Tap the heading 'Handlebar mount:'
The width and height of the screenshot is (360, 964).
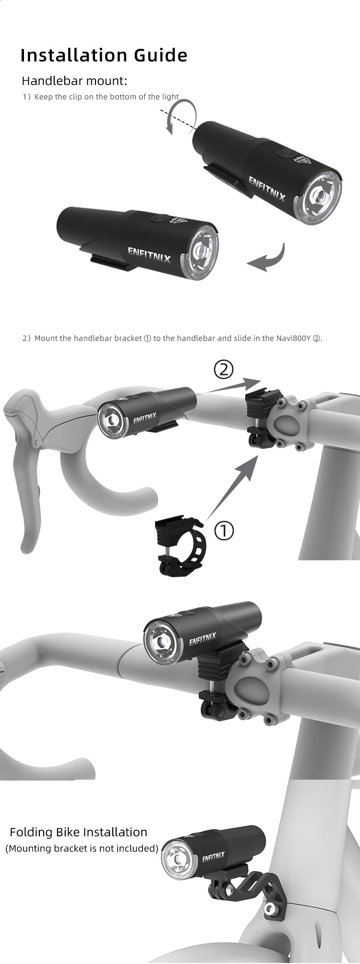point(74,80)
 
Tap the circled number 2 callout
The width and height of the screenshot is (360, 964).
point(223,370)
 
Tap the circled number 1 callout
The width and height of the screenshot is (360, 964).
point(224,531)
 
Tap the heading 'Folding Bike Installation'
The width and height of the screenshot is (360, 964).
point(79,832)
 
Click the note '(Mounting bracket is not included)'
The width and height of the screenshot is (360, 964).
point(82,848)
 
